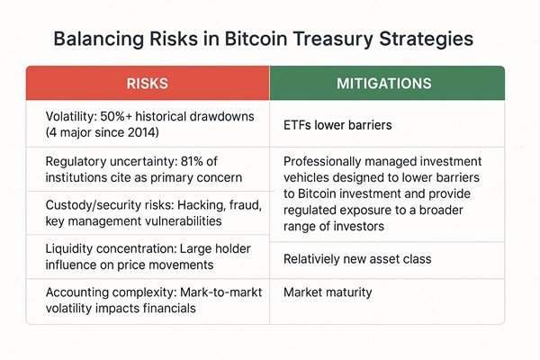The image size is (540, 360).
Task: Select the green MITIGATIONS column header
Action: click(387, 83)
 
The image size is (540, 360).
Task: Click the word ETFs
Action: click(300, 123)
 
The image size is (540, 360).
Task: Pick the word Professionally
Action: click(326, 161)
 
